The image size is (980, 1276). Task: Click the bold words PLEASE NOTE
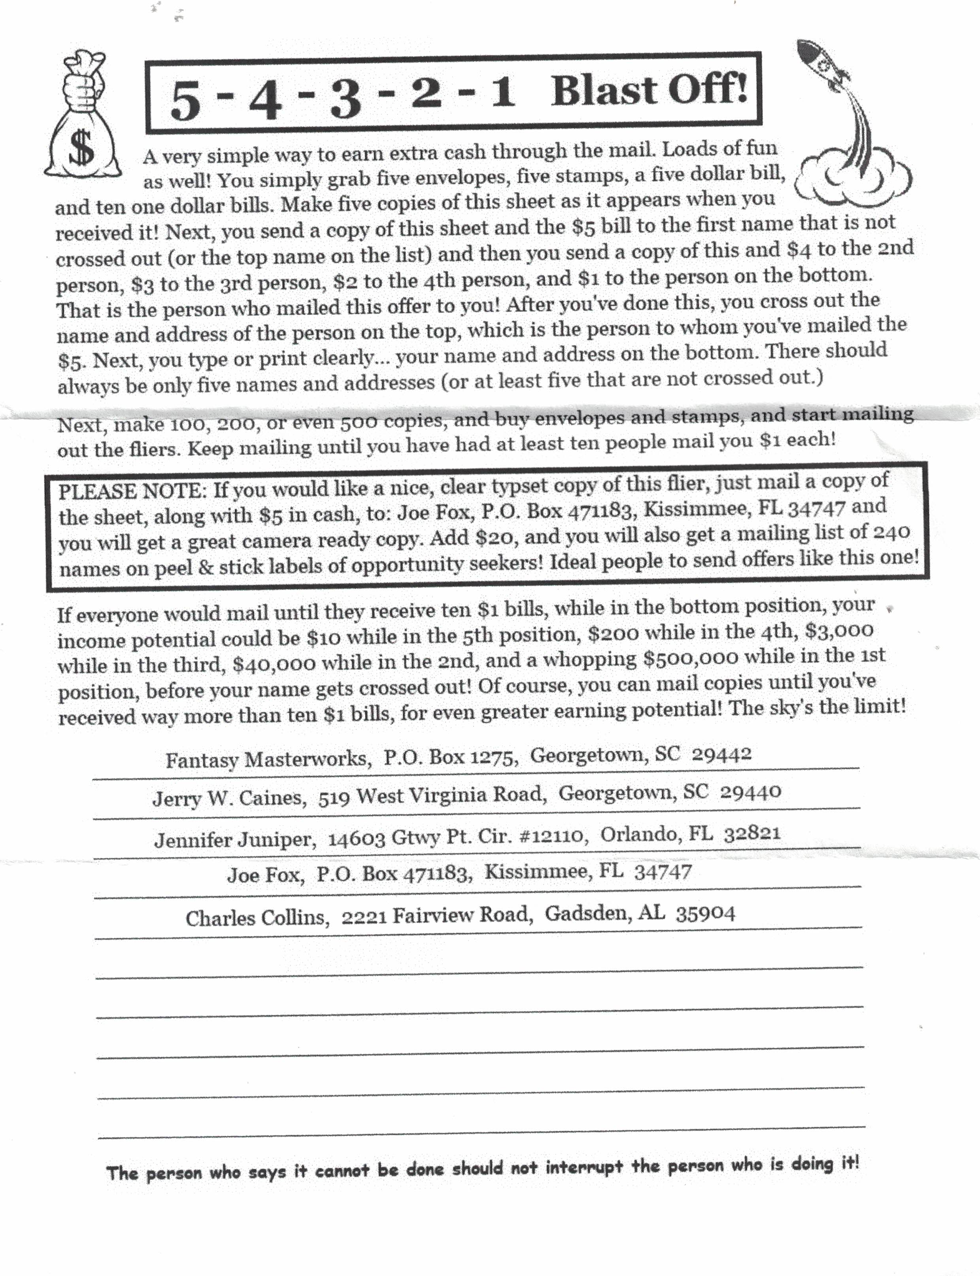coord(132,491)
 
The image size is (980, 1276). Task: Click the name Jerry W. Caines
coord(229,797)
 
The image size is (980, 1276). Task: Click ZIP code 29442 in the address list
coord(721,754)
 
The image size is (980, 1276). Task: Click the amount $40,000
coord(274,663)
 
